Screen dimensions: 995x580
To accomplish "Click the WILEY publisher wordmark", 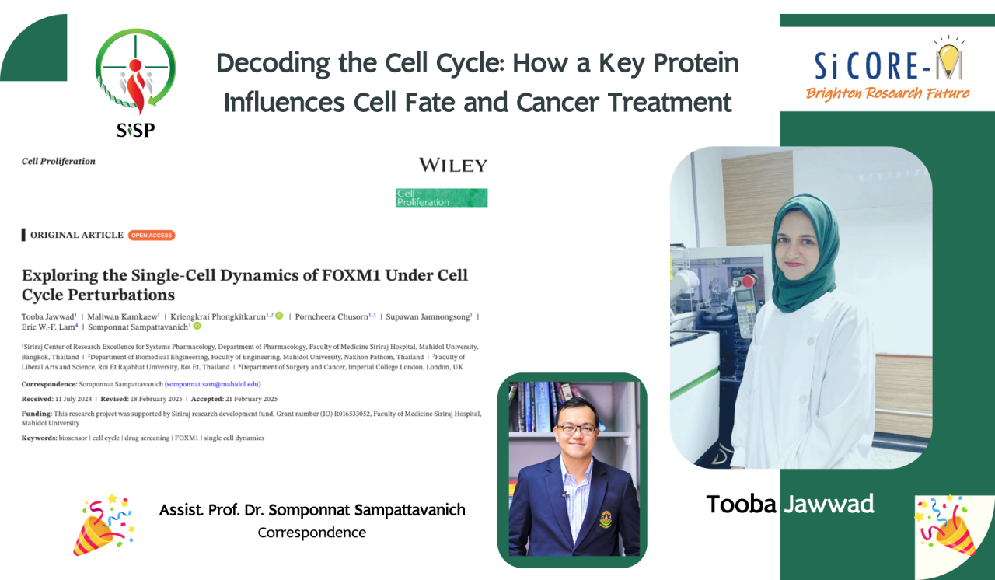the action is click(x=453, y=165).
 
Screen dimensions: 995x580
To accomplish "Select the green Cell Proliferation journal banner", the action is click(x=442, y=197).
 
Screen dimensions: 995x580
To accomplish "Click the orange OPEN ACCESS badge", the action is click(x=152, y=235).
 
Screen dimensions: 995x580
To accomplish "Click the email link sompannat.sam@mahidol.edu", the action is click(x=212, y=384).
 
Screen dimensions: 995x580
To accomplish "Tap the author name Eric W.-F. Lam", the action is click(x=48, y=327).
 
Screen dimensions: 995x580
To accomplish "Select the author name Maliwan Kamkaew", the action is click(x=122, y=316).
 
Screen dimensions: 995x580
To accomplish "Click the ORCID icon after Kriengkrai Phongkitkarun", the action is click(x=279, y=316).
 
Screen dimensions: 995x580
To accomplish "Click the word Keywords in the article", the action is click(x=39, y=438).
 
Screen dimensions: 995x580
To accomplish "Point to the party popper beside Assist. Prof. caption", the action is click(x=104, y=525).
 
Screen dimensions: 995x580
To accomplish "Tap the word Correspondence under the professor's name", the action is click(x=312, y=533).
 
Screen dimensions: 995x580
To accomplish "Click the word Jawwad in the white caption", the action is click(x=829, y=505).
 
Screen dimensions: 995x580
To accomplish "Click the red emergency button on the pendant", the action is click(x=749, y=281).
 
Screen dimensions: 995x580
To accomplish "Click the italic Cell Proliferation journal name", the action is click(x=58, y=161).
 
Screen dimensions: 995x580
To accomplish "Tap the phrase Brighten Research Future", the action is click(x=888, y=93).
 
